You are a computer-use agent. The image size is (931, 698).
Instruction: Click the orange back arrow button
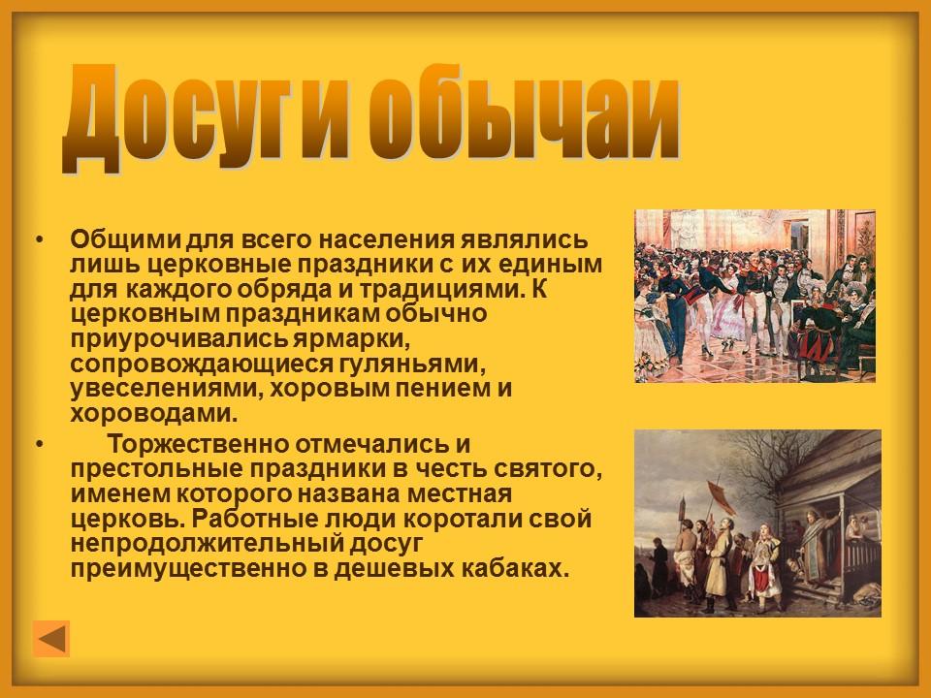51,639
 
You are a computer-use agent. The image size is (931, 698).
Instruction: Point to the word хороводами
153,413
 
